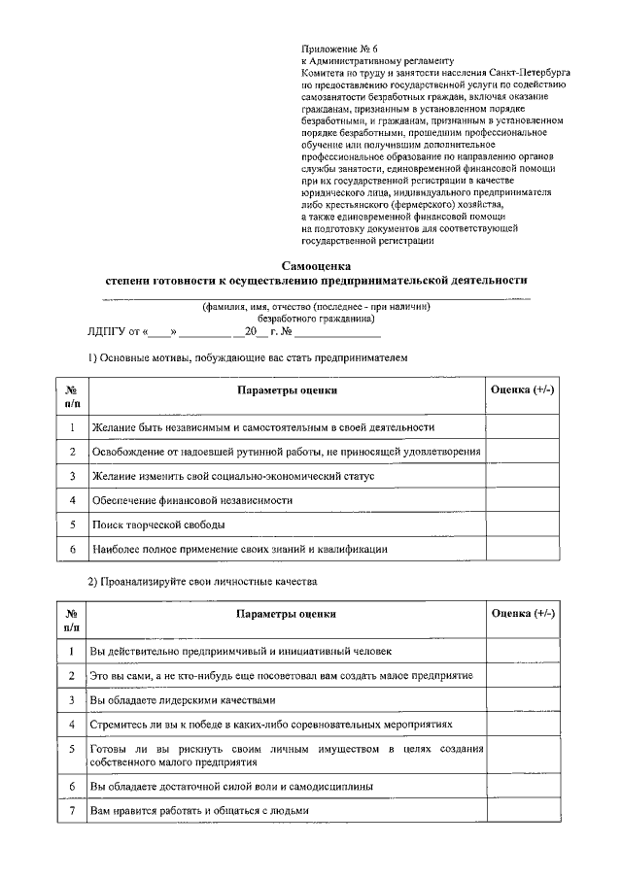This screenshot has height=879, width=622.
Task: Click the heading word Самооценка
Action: pyautogui.click(x=316, y=265)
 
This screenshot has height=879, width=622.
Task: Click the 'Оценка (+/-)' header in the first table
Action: pyautogui.click(x=523, y=389)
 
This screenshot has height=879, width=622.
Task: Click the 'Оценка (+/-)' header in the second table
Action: pyautogui.click(x=523, y=614)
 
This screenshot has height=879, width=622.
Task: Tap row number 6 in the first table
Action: pyautogui.click(x=72, y=549)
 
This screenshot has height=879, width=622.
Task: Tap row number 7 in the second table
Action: pyautogui.click(x=72, y=810)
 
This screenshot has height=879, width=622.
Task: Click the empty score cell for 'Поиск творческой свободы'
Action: pyautogui.click(x=523, y=524)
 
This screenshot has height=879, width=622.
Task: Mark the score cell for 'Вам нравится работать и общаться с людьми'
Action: pyautogui.click(x=523, y=810)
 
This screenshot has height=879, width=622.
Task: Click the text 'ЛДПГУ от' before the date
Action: pyautogui.click(x=114, y=332)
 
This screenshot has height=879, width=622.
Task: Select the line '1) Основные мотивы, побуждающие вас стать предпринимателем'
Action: pyautogui.click(x=244, y=357)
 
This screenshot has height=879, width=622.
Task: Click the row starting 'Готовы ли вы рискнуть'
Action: pyautogui.click(x=287, y=755)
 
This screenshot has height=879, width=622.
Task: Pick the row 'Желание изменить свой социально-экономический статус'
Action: pyautogui.click(x=232, y=476)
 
